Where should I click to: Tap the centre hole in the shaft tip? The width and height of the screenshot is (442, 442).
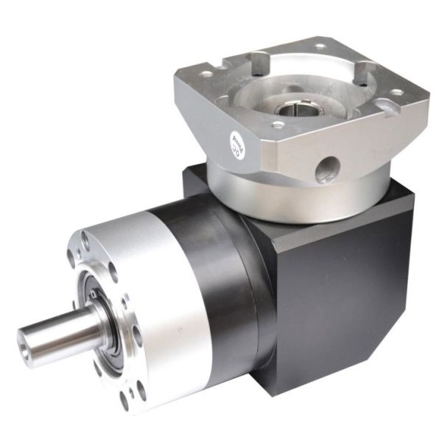pos(27,345)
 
